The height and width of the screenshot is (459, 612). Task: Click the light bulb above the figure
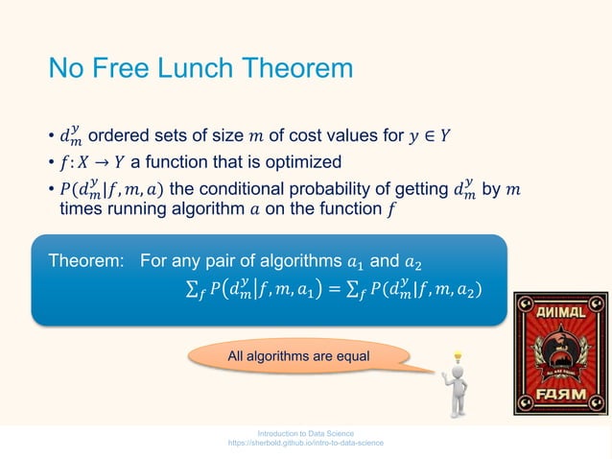tap(459, 357)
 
